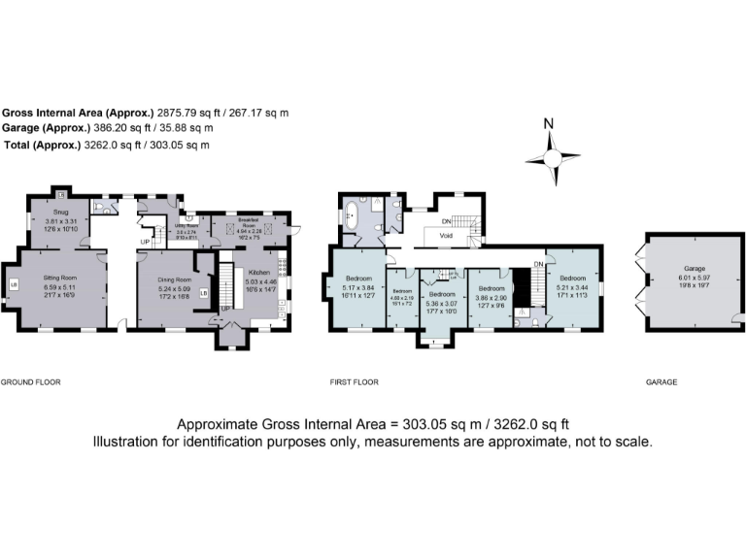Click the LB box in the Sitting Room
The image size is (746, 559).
[14, 284]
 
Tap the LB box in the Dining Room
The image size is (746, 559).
[203, 292]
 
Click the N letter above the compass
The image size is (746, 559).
[548, 124]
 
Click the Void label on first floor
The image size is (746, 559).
[447, 236]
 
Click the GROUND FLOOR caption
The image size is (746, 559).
[30, 382]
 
